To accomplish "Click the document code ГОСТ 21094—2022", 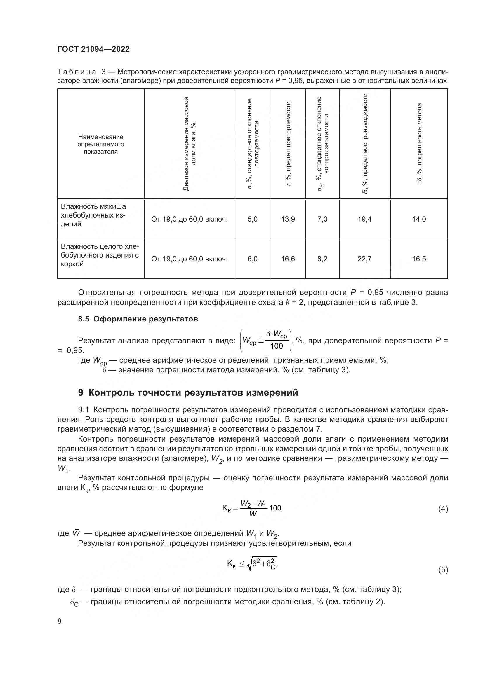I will pyautogui.click(x=93, y=49).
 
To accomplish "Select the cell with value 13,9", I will pyautogui.click(x=288, y=219).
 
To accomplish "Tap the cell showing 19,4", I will pyautogui.click(x=364, y=219).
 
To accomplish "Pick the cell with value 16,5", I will pyautogui.click(x=419, y=259).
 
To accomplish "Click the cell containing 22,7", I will pyautogui.click(x=364, y=259).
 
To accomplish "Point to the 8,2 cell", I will pyautogui.click(x=322, y=259).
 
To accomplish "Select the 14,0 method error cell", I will pyautogui.click(x=419, y=219).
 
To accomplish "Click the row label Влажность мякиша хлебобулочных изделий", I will pyautogui.click(x=93, y=215).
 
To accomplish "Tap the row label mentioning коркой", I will pyautogui.click(x=100, y=255).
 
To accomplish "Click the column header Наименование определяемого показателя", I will pyautogui.click(x=100, y=144).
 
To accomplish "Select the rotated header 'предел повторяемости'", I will pyautogui.click(x=288, y=144).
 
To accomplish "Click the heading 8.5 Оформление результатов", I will pyautogui.click(x=138, y=319).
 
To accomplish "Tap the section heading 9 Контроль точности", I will pyautogui.click(x=188, y=393).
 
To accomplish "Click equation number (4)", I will pyautogui.click(x=443, y=509).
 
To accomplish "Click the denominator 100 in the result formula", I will pyautogui.click(x=276, y=346).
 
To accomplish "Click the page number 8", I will pyautogui.click(x=60, y=621).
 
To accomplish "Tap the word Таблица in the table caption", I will pyautogui.click(x=77, y=72).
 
